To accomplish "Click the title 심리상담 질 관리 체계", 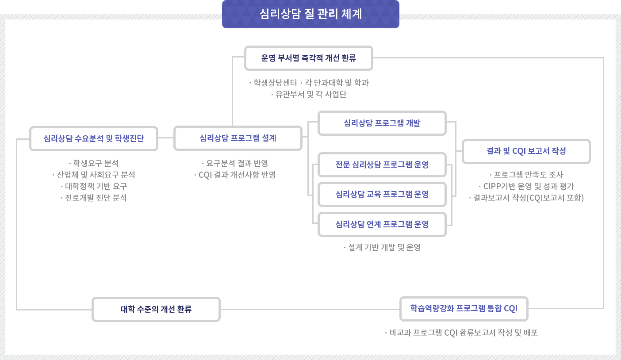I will [310, 14].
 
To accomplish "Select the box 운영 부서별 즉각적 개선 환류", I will [308, 58].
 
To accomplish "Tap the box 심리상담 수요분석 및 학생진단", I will [93, 138].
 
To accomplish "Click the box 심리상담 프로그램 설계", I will [238, 138].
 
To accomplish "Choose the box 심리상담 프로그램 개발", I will [382, 123].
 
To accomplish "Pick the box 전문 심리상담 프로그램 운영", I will [382, 165].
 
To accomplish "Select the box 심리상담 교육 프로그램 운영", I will [382, 194].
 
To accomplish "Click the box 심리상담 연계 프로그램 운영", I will [382, 224].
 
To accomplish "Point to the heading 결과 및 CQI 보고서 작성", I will [526, 151].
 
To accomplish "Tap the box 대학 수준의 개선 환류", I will [156, 309].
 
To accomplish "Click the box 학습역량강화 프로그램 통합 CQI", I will [464, 308].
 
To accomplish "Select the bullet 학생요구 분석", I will [94, 163].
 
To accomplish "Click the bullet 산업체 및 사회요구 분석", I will [93, 175].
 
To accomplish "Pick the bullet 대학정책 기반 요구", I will [94, 186].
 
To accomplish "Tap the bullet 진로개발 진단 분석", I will [94, 198].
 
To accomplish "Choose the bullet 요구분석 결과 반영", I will [235, 163].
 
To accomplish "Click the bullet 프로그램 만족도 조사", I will [526, 175].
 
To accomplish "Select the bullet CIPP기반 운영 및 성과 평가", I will [526, 186].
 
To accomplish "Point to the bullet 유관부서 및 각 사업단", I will [309, 94].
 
